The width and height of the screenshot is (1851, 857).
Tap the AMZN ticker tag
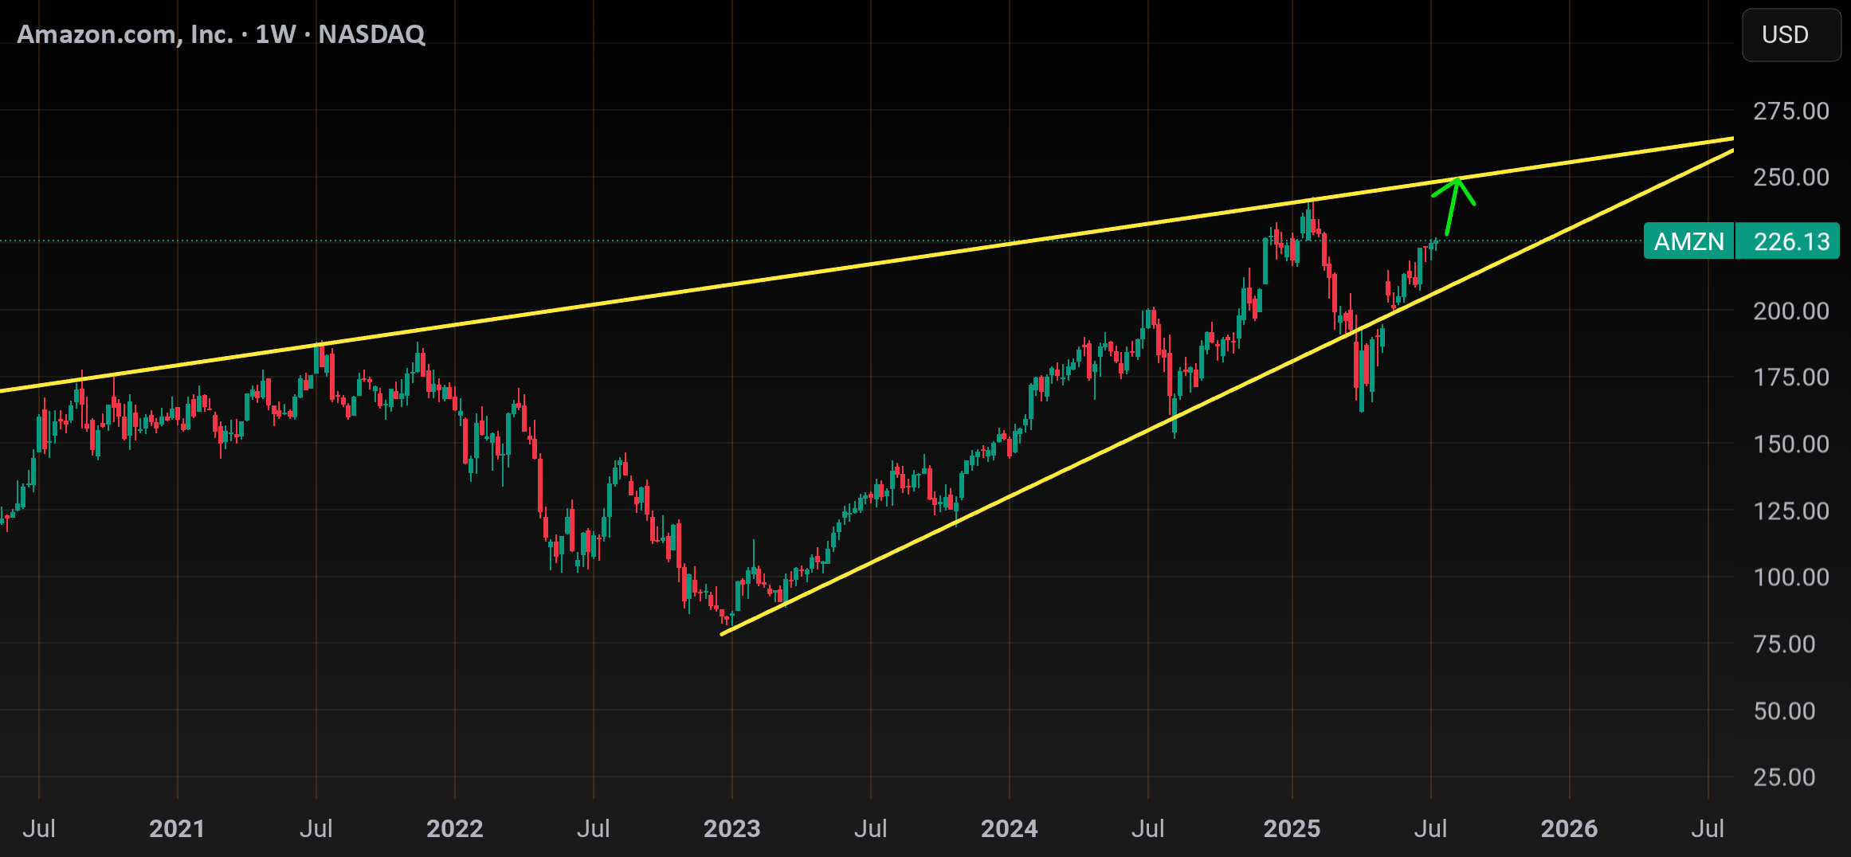1688,241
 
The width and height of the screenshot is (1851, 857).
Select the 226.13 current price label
1791,241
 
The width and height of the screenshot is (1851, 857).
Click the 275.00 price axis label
1790,111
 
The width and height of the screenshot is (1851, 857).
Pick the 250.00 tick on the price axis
1790,177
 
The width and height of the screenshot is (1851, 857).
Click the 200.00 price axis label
1790,311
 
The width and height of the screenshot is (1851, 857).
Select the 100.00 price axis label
1790,577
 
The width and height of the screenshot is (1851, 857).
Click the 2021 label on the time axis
177,829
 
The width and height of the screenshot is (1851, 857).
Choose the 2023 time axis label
731,829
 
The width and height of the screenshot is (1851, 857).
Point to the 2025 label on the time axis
1292,829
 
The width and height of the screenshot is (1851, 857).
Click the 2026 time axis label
1569,829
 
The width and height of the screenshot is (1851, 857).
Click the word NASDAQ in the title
371,34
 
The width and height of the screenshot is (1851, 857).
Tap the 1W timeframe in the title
275,34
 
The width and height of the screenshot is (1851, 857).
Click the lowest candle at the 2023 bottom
727,619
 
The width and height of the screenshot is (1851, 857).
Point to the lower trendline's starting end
722,635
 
